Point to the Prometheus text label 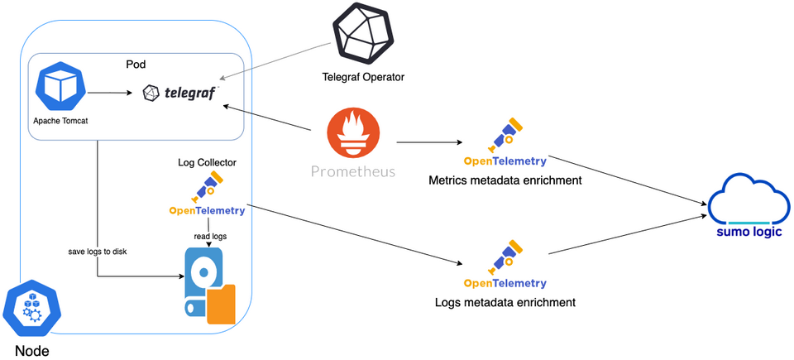pos(353,172)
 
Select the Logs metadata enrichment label pos(505,303)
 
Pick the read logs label pos(209,236)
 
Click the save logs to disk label pos(98,251)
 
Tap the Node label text pos(31,350)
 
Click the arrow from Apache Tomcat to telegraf pos(112,93)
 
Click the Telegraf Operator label pos(363,78)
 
